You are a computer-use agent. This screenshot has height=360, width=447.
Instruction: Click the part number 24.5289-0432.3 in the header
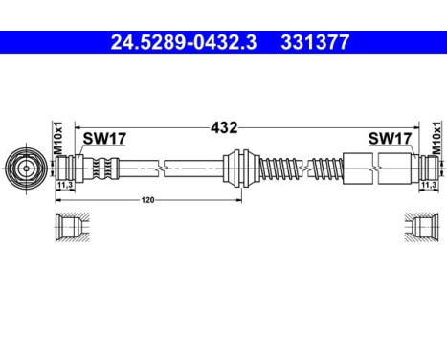click(x=181, y=42)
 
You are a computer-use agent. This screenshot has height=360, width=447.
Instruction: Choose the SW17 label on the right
click(x=391, y=140)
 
